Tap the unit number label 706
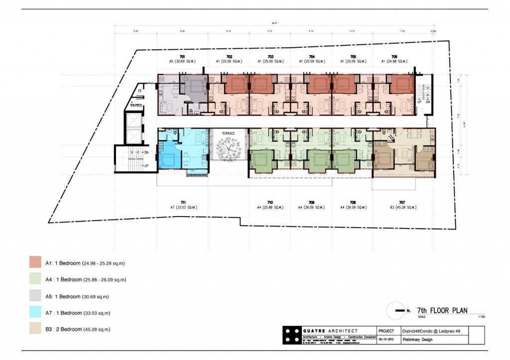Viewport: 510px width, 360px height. click(394, 57)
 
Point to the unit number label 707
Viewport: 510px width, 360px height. click(402, 202)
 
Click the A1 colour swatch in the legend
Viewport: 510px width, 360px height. click(35, 262)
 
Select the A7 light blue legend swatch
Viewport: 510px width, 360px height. click(35, 313)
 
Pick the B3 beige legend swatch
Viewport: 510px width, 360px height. click(35, 329)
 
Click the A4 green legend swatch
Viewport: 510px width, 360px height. click(35, 279)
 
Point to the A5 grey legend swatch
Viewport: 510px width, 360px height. click(35, 296)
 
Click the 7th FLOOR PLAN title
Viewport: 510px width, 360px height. click(442, 310)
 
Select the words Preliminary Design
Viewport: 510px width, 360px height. click(418, 340)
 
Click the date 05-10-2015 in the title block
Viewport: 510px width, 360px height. click(386, 340)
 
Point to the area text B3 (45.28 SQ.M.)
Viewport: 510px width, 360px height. click(402, 207)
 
